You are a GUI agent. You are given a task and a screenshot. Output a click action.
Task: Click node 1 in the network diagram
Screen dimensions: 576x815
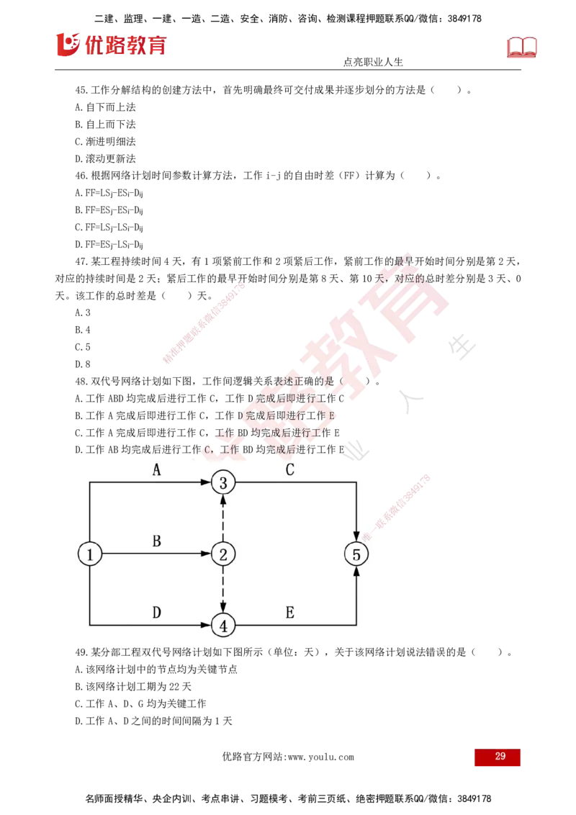tap(90, 554)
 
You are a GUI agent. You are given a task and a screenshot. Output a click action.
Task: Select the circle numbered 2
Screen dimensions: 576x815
tap(223, 554)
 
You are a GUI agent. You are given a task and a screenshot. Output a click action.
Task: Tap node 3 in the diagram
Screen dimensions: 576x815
tap(223, 482)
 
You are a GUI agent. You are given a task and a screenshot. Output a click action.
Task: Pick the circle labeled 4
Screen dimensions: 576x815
tap(223, 626)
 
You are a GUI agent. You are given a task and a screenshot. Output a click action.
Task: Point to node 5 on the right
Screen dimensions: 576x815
tap(356, 554)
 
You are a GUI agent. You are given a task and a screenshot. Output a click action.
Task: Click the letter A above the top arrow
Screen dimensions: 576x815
tap(156, 470)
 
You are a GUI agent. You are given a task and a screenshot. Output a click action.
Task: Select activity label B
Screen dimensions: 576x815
tap(156, 542)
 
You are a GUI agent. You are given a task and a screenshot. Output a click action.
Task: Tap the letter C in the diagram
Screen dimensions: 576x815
tap(289, 470)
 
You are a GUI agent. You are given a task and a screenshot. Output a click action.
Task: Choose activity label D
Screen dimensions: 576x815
tap(156, 613)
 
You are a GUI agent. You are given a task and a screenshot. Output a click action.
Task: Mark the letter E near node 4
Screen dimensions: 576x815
tap(289, 613)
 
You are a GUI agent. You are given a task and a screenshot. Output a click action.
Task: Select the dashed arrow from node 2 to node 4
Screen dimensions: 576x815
tap(223, 590)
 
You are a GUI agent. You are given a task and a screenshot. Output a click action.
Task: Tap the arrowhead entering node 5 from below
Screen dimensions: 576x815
tap(356, 572)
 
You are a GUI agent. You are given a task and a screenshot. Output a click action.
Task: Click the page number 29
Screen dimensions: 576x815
tap(500, 757)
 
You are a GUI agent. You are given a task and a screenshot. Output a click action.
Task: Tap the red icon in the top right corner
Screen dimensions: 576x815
tap(523, 47)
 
